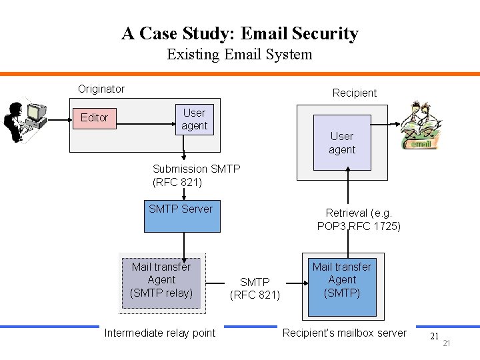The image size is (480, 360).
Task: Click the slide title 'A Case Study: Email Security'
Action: point(239,33)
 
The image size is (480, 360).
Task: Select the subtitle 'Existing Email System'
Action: point(239,54)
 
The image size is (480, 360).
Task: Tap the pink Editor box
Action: point(94,117)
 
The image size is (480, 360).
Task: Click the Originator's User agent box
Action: point(194,119)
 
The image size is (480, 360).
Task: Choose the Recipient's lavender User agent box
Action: point(341,143)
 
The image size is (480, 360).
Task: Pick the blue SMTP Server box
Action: point(181,215)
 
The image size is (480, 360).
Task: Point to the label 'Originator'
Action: point(101,89)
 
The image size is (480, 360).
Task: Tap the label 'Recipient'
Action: point(355,93)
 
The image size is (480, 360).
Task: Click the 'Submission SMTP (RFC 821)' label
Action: point(196,175)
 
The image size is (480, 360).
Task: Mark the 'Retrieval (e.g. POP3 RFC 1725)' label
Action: point(359,219)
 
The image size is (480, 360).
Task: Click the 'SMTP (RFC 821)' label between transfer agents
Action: point(255,289)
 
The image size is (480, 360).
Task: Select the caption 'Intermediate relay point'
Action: point(160,333)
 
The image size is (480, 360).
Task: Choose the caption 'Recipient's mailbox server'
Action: point(344,333)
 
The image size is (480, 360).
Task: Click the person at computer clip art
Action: point(25,119)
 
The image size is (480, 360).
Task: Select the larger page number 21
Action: point(434,337)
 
